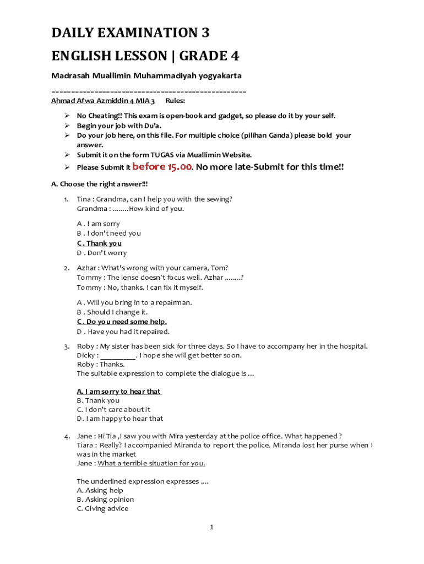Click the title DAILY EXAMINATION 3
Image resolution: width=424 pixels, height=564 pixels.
click(131, 33)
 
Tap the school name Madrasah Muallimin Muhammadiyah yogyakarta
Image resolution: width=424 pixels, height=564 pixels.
click(146, 75)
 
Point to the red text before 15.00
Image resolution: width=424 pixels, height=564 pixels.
click(162, 166)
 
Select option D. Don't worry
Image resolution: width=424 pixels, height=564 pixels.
click(101, 253)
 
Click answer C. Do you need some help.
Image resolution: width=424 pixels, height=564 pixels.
click(122, 322)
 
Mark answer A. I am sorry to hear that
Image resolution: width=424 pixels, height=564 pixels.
click(118, 391)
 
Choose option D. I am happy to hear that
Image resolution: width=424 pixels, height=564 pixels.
click(119, 418)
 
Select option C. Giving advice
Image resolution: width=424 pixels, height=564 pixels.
click(102, 508)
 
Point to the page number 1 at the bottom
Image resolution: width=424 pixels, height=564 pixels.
click(211, 527)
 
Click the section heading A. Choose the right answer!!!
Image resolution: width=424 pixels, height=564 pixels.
click(99, 184)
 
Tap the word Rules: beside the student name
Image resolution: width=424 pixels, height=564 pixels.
click(175, 101)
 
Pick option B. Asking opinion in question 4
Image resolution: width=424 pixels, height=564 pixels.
click(105, 500)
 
